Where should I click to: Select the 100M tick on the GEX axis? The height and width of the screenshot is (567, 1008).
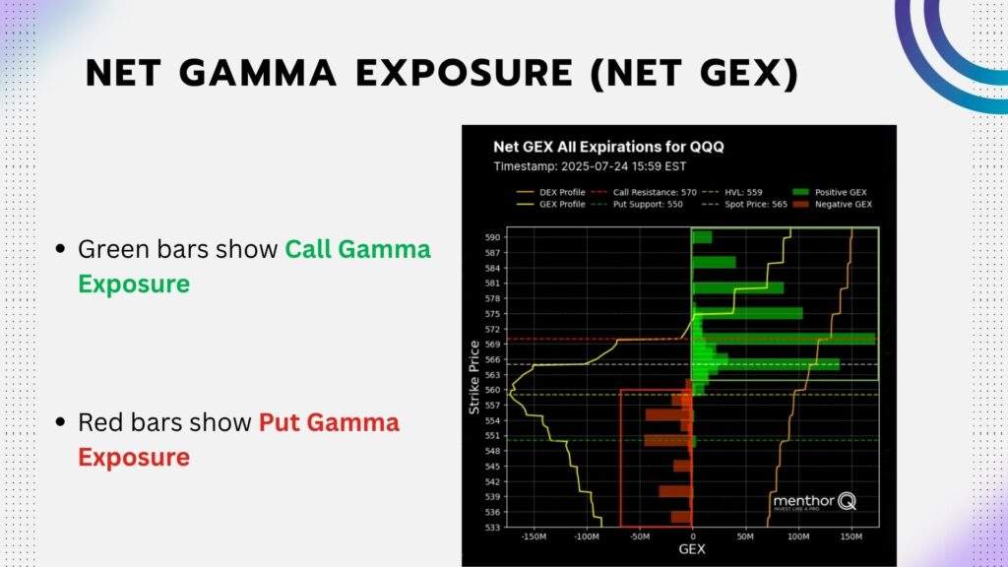[x=798, y=537]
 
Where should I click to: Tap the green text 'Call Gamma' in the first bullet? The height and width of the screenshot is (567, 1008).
[x=357, y=250]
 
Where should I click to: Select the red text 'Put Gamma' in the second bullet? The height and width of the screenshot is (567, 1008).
[x=329, y=423]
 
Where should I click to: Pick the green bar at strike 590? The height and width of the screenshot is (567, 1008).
[x=702, y=237]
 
